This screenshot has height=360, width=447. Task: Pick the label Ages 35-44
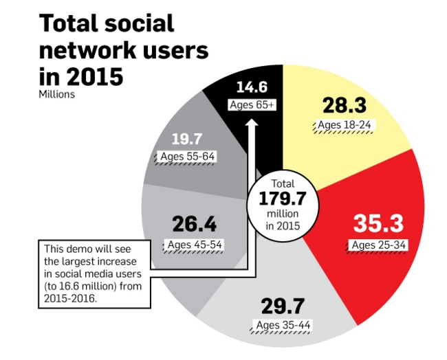coord(283,324)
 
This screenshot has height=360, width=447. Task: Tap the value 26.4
coord(195,225)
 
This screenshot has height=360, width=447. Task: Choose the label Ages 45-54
coord(195,245)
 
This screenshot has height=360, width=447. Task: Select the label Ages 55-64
coord(186,157)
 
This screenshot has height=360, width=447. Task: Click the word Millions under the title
coord(56,94)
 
